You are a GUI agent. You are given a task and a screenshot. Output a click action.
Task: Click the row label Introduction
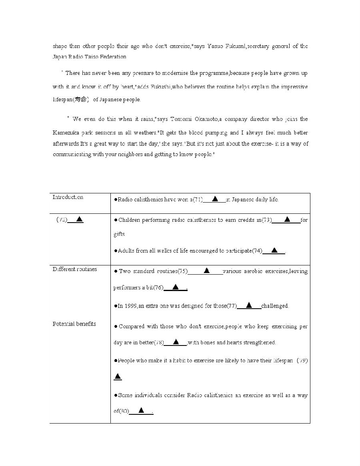coord(68,197)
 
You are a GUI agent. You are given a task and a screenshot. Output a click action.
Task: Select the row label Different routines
coord(75,269)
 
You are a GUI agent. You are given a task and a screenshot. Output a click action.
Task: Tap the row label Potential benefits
coord(74,324)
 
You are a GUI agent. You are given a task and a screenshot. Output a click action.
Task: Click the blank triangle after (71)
coord(215,199)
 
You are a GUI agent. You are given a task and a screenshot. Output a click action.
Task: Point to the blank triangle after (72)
coord(80,219)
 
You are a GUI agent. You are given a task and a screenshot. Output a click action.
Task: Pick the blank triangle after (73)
coord(287,219)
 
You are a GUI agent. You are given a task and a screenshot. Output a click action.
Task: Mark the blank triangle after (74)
coord(274,250)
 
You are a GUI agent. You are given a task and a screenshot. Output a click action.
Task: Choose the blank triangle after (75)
coord(206,271)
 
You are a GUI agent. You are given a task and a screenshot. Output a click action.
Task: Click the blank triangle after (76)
coord(175,287)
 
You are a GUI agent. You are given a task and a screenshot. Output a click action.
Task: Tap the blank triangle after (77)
coord(249,305)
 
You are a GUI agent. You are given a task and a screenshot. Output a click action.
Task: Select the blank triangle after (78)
coord(176,341)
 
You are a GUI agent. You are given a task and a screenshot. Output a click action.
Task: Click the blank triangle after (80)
coord(141,410)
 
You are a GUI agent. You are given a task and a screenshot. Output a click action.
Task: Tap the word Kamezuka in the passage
coord(67,133)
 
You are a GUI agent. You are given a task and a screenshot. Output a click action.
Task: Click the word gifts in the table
coord(119,234)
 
